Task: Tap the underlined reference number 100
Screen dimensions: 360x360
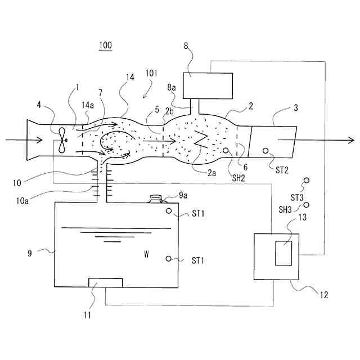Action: [105, 46]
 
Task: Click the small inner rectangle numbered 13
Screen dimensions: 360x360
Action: [283, 253]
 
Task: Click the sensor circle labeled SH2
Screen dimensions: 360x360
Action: [226, 151]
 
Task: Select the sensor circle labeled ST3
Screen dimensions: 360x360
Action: [306, 181]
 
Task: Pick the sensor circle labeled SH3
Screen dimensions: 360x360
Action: [307, 206]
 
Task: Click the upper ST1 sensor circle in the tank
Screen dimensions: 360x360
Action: [169, 211]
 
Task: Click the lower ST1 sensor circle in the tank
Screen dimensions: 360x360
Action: [169, 259]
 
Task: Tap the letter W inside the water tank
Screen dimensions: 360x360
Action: [146, 254]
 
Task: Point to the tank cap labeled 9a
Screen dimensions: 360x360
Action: [156, 198]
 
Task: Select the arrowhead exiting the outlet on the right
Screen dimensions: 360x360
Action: [350, 140]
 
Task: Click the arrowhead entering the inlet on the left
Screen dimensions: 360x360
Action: [26, 140]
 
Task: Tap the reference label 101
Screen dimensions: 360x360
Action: [151, 73]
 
